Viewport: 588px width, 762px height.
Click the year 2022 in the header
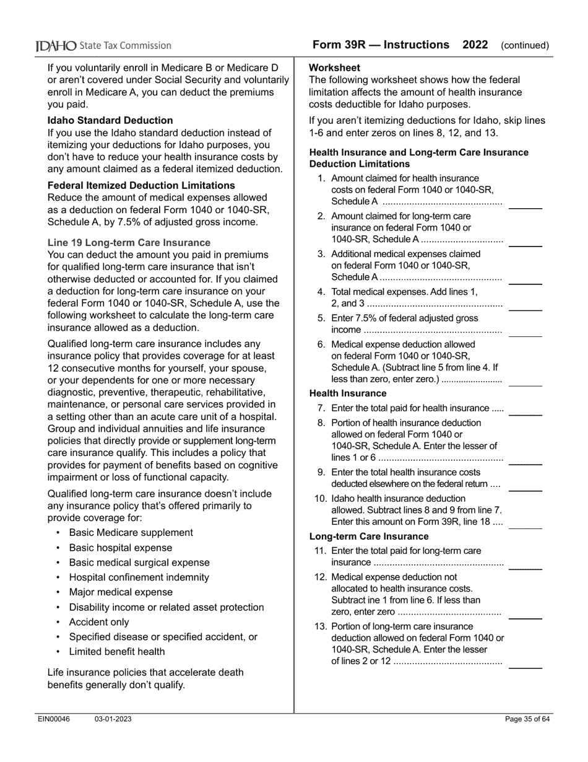(x=475, y=45)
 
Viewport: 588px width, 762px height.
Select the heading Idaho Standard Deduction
(x=110, y=120)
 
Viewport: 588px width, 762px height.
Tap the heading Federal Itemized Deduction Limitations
(x=141, y=185)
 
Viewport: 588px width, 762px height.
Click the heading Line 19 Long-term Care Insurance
(x=129, y=242)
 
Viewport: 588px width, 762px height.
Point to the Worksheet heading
(x=334, y=68)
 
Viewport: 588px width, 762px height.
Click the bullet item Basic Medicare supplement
(x=131, y=533)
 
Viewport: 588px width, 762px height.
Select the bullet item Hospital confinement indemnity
(x=139, y=577)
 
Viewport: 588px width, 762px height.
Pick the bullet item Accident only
(x=99, y=622)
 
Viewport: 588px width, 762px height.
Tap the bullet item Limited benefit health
(x=117, y=652)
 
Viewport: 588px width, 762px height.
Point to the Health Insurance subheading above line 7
(x=347, y=393)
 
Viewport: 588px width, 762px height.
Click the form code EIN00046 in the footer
(x=53, y=719)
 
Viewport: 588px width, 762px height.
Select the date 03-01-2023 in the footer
(x=113, y=719)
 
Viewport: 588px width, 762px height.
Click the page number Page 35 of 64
(x=527, y=719)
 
